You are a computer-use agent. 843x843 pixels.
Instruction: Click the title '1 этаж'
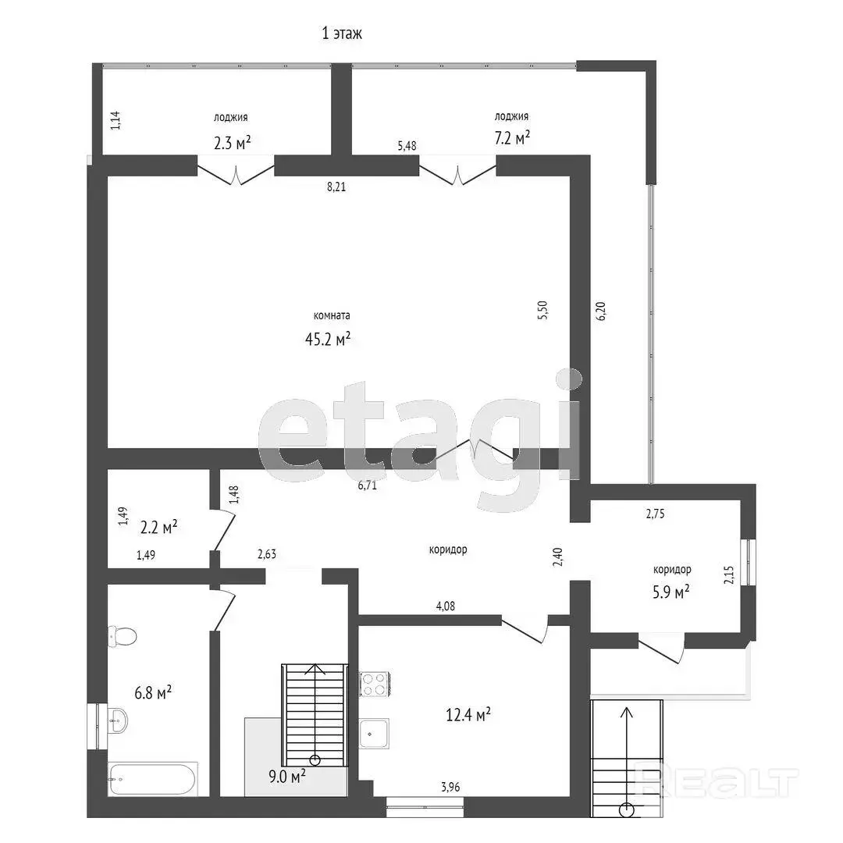pos(342,34)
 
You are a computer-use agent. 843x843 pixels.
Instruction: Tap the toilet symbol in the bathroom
pos(122,637)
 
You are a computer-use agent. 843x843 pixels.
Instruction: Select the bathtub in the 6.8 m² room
pos(153,778)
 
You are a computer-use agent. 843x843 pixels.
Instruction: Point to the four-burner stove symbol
pos(375,684)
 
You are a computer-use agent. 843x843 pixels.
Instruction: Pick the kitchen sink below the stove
pos(374,733)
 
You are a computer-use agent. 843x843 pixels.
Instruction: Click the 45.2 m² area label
pos(328,339)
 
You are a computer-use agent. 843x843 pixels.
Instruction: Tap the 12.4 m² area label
pos(468,714)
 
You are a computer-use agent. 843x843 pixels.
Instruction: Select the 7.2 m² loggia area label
pos(512,137)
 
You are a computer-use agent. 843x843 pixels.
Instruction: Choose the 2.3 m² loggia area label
pos(233,143)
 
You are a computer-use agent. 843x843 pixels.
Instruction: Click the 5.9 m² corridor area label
pos(671,592)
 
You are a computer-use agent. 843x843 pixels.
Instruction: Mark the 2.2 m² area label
pos(159,528)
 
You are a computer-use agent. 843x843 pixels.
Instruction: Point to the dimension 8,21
pos(336,187)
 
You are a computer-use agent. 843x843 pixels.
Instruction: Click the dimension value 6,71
pos(367,486)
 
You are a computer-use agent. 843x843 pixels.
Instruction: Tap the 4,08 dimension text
pos(445,606)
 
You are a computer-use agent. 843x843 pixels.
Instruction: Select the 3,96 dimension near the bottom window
pos(450,788)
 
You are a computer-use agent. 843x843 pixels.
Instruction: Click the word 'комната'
pos(332,315)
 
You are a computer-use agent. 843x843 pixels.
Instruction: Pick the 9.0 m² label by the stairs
pos(287,776)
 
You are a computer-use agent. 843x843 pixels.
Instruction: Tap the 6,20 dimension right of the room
pos(601,311)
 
